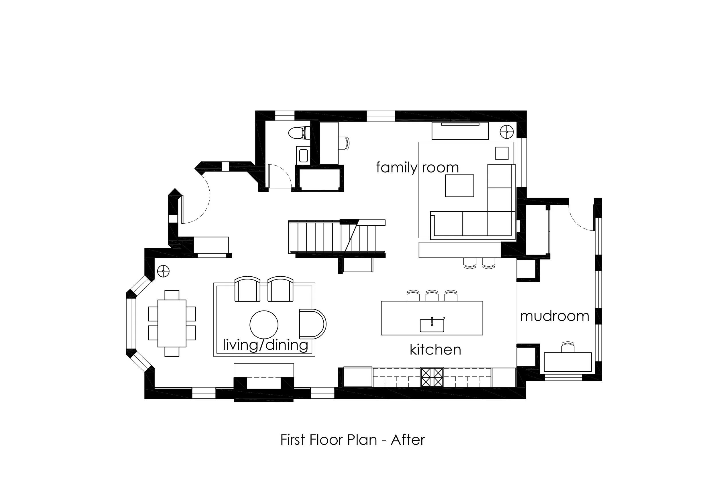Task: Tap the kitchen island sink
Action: [x=432, y=325]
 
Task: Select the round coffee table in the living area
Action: [x=264, y=324]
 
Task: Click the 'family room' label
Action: [x=418, y=168]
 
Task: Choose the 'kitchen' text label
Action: [x=435, y=350]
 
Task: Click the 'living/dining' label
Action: [x=265, y=345]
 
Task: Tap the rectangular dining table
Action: [x=172, y=323]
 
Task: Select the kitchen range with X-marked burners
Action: [x=432, y=377]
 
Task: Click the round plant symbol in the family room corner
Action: [x=507, y=132]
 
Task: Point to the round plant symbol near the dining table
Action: [x=163, y=271]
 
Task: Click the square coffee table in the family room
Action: [x=459, y=186]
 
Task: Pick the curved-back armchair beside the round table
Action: [x=312, y=324]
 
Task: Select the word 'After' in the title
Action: [x=408, y=440]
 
